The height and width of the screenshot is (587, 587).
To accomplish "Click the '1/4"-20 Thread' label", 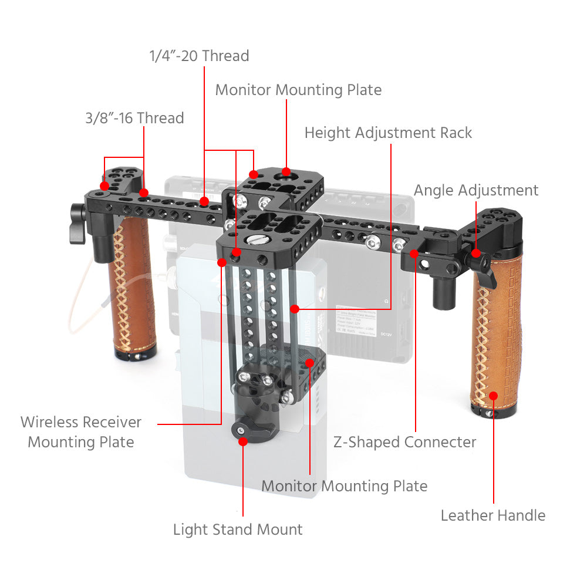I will point(199,56).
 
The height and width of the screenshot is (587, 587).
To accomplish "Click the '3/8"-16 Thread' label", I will point(134,118).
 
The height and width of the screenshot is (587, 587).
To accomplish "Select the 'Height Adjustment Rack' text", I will point(388,133).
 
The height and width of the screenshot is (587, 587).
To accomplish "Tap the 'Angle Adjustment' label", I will point(475,190).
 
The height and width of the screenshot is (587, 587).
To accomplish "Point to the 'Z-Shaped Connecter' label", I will point(404,442).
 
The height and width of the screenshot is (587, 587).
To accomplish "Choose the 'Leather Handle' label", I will point(493,515).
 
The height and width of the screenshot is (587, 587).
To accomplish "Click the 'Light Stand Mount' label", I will point(238,529).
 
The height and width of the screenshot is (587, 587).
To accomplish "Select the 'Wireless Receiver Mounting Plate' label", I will point(81,432).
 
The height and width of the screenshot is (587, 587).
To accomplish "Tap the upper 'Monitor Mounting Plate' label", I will point(298,90).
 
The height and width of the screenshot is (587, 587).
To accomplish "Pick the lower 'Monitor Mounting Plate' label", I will point(344,486).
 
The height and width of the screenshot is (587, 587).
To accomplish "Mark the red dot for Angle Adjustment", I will point(476,254).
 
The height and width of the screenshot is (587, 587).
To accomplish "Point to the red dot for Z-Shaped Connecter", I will point(414,254).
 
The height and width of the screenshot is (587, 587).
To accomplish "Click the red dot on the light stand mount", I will point(242,440).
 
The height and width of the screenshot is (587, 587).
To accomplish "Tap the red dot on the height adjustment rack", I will point(294,308).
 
